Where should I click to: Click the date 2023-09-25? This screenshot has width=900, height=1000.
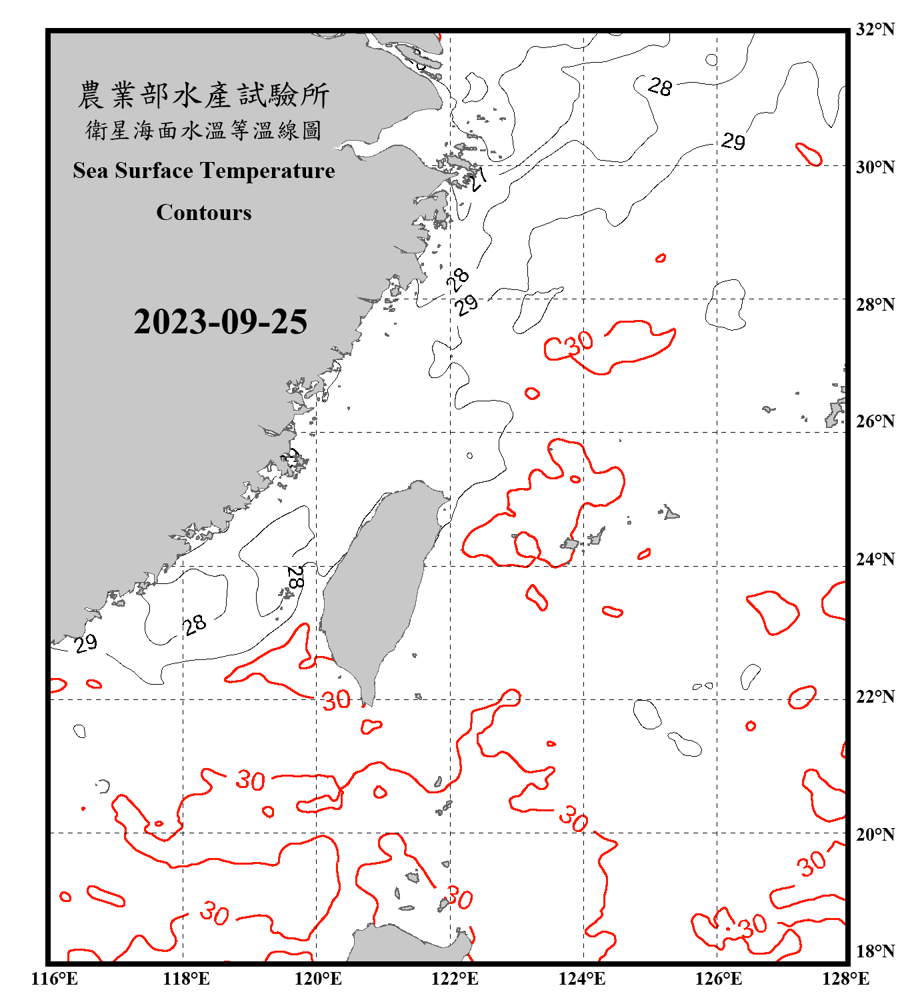pyautogui.click(x=220, y=322)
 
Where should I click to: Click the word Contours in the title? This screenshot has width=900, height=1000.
pyautogui.click(x=204, y=213)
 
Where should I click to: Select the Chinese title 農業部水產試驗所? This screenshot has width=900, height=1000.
pyautogui.click(x=203, y=95)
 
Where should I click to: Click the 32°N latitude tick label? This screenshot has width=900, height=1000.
pyautogui.click(x=875, y=29)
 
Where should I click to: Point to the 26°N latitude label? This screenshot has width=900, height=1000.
pyautogui.click(x=875, y=421)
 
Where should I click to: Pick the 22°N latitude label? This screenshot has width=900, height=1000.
pyautogui.click(x=875, y=697)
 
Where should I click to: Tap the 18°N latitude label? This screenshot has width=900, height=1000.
pyautogui.click(x=875, y=951)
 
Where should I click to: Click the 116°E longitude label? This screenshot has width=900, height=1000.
pyautogui.click(x=54, y=979)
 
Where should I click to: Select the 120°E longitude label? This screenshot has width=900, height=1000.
pyautogui.click(x=318, y=979)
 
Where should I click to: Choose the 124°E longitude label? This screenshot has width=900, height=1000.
pyautogui.click(x=582, y=979)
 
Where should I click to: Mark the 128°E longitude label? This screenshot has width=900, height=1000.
pyautogui.click(x=845, y=979)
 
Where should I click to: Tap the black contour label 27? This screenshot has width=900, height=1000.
pyautogui.click(x=477, y=179)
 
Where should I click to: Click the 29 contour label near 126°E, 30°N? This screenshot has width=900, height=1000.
pyautogui.click(x=733, y=141)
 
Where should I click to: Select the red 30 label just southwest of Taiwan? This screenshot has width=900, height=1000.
pyautogui.click(x=336, y=700)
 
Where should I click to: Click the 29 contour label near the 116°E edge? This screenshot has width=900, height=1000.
pyautogui.click(x=85, y=643)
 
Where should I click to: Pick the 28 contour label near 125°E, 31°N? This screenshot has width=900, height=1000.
pyautogui.click(x=660, y=87)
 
